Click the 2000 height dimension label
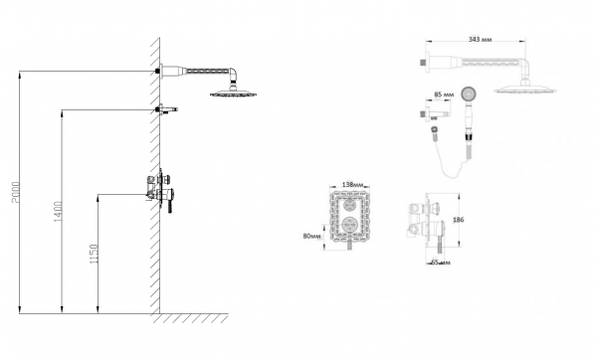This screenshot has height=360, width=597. (x=16, y=192)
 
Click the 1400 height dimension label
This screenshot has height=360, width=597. (x=58, y=212)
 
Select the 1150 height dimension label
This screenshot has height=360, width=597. (x=94, y=254)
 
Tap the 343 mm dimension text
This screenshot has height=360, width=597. (x=481, y=39)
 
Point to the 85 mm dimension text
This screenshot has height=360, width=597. (x=445, y=94)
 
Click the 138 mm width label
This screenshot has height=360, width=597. (x=353, y=185)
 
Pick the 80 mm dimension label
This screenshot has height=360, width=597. (x=312, y=236)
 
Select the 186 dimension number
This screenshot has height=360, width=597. (x=459, y=220)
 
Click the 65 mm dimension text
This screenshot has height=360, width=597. (x=441, y=263)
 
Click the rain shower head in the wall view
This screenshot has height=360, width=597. (x=233, y=92)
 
